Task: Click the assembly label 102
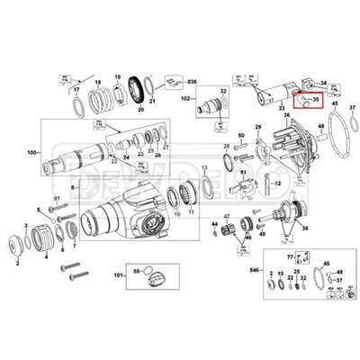pos(187,96)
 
